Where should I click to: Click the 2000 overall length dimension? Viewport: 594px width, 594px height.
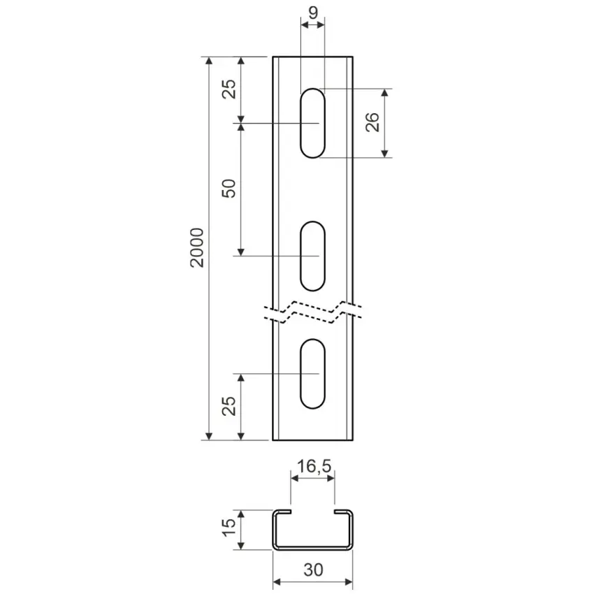click(197, 248)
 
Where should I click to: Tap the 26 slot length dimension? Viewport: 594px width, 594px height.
click(372, 122)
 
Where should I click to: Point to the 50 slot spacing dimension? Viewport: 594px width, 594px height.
click(229, 188)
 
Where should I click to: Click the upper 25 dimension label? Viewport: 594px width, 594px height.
click(229, 89)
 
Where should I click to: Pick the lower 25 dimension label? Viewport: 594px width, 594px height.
click(229, 406)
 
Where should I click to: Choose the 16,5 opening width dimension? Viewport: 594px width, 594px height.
click(314, 466)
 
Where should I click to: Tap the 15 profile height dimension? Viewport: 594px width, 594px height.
click(229, 528)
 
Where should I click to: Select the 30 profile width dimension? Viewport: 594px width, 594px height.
click(313, 570)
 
